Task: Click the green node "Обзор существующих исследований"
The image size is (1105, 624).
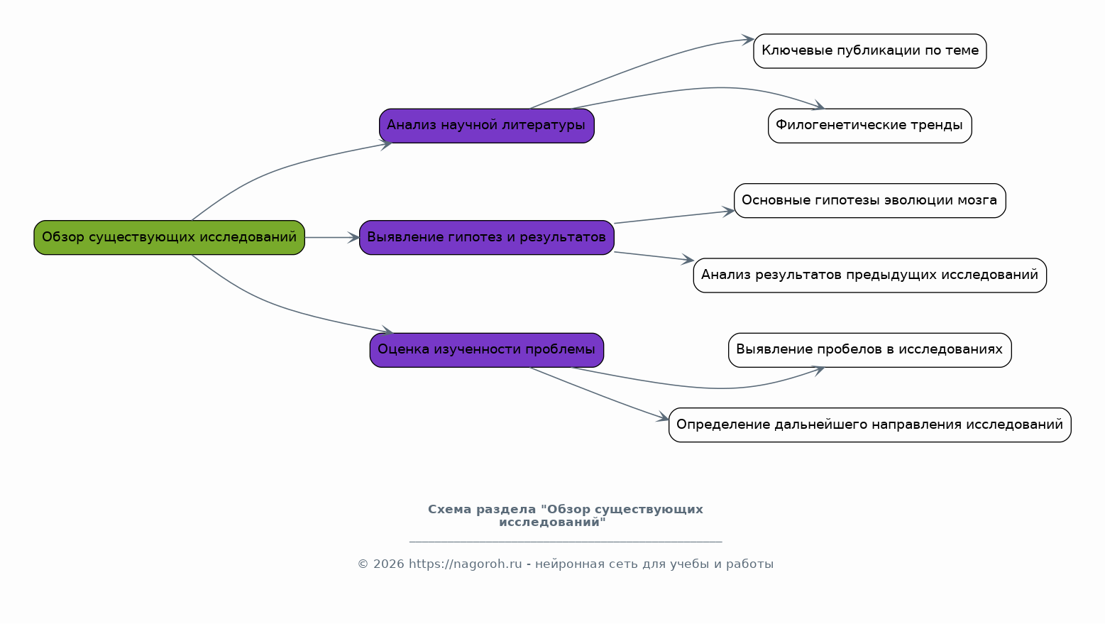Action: [x=169, y=237]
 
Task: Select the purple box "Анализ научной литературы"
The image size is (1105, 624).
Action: [x=486, y=126]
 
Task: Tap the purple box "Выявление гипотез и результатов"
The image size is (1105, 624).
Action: [x=486, y=237]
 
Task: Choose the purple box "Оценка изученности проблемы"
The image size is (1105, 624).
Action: [x=486, y=350]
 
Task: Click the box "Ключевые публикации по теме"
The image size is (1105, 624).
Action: [x=869, y=51]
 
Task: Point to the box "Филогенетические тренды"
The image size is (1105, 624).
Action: [x=869, y=126]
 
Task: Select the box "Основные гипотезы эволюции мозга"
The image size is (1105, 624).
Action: [x=869, y=200]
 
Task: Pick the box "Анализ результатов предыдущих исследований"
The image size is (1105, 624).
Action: [x=869, y=275]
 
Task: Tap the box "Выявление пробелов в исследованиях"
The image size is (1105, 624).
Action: [x=869, y=350]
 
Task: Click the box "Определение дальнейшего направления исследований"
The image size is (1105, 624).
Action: [x=869, y=425]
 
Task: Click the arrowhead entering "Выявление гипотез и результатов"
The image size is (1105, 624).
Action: [x=353, y=237]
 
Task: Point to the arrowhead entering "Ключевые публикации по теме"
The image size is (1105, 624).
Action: [x=748, y=40]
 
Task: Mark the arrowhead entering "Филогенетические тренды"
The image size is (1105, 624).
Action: [x=818, y=105]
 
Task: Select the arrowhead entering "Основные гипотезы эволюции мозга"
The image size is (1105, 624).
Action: [x=729, y=212]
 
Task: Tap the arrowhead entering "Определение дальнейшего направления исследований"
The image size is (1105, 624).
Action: [x=663, y=417]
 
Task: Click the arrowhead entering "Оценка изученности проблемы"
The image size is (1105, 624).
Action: [x=387, y=330]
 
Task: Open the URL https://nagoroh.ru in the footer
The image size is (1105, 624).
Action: [x=465, y=564]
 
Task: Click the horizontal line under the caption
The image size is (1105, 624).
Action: [x=566, y=542]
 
